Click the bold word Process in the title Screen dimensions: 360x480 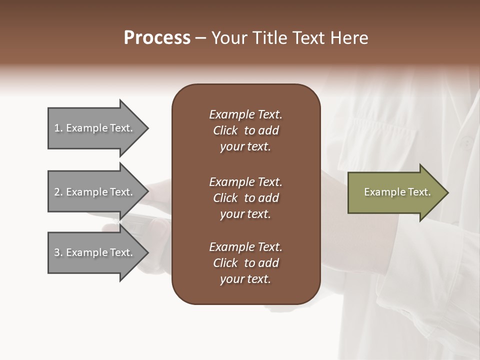pyautogui.click(x=157, y=38)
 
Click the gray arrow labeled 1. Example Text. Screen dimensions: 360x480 pyautogui.click(x=95, y=128)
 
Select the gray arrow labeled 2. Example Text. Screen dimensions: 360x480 pyautogui.click(x=95, y=192)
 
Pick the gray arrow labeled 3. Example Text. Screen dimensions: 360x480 pyautogui.click(x=95, y=252)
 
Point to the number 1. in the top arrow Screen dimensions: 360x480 pyautogui.click(x=58, y=128)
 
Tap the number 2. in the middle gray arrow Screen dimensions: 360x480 pyautogui.click(x=58, y=192)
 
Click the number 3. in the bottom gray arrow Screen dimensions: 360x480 pyautogui.click(x=58, y=252)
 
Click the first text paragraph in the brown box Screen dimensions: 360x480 pyautogui.click(x=245, y=130)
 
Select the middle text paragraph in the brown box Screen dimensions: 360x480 pyautogui.click(x=245, y=198)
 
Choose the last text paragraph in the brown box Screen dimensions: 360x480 pyautogui.click(x=245, y=263)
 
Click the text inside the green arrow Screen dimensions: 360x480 pyautogui.click(x=397, y=192)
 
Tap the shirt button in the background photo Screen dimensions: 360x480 pyautogui.click(x=466, y=143)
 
